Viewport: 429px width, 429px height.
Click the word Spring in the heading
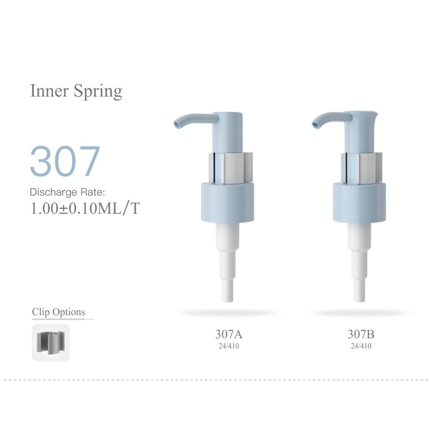point(98,92)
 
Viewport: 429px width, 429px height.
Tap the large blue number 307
point(65,161)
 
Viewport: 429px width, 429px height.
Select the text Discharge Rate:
point(67,192)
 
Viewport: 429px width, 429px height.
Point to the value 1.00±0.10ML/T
point(85,208)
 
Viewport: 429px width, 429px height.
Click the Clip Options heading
point(58,312)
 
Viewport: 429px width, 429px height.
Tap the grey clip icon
point(51,343)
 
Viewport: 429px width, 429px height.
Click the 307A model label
point(229,334)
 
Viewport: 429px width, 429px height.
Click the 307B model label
point(361,334)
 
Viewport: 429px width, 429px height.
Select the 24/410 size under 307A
point(229,346)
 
